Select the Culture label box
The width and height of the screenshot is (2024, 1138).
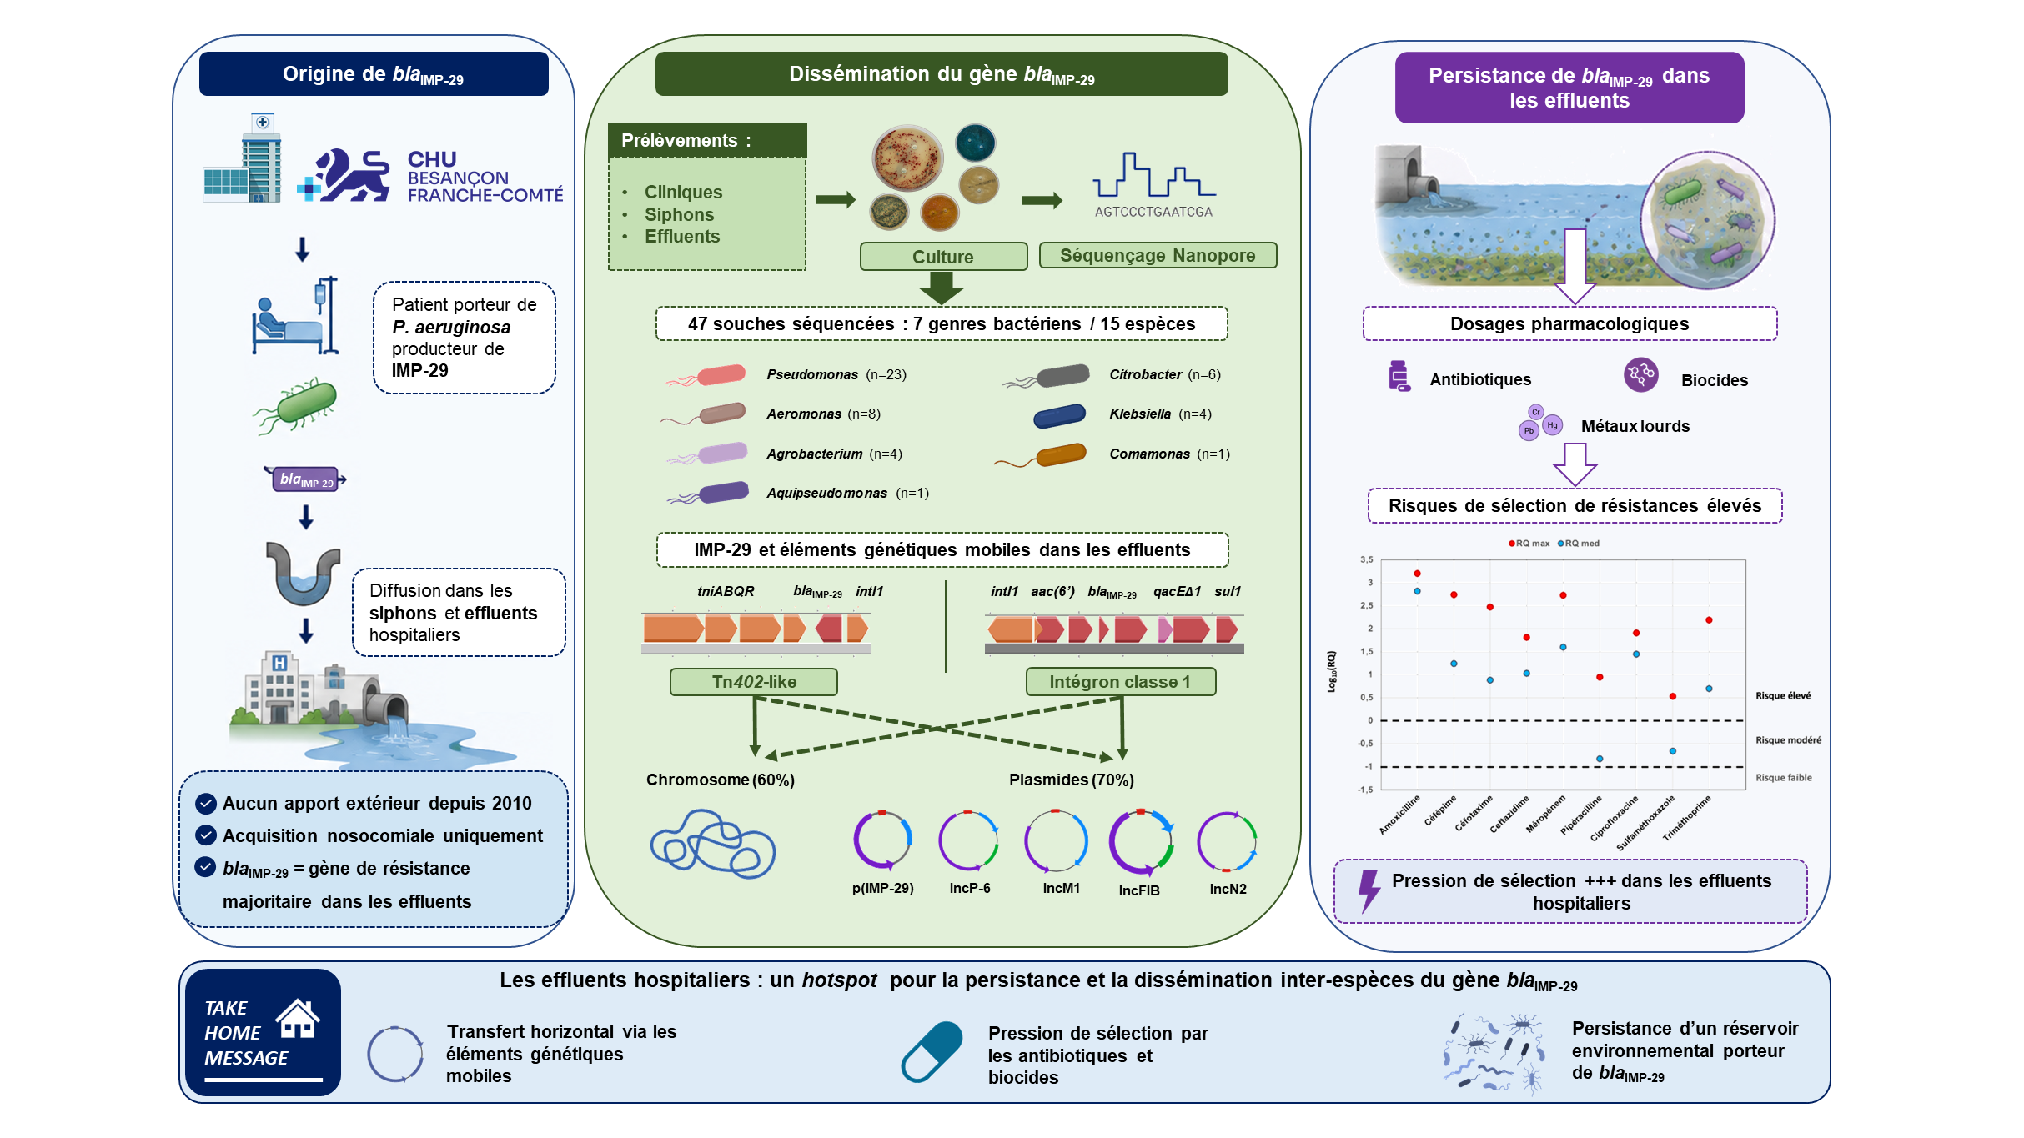(943, 257)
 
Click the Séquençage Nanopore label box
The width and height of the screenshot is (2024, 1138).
(1158, 255)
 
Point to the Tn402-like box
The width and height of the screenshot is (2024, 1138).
(754, 682)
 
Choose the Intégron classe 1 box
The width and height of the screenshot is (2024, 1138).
(1120, 682)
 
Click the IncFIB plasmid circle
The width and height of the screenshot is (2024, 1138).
(1141, 842)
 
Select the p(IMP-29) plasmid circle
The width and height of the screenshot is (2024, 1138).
(882, 840)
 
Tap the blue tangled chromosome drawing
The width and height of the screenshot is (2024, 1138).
(712, 843)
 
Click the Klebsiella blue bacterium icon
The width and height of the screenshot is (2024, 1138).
(1059, 415)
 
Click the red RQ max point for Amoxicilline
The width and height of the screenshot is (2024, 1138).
(1417, 574)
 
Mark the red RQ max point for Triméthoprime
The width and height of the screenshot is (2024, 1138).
(1709, 620)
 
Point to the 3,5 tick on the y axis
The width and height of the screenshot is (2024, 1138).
(1366, 559)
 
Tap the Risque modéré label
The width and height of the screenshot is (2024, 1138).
(1788, 740)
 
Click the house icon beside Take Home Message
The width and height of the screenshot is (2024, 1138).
(298, 1018)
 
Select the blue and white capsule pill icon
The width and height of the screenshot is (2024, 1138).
(932, 1052)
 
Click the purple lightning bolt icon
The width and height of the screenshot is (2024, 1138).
(1369, 891)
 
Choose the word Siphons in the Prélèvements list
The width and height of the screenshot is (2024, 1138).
(679, 214)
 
